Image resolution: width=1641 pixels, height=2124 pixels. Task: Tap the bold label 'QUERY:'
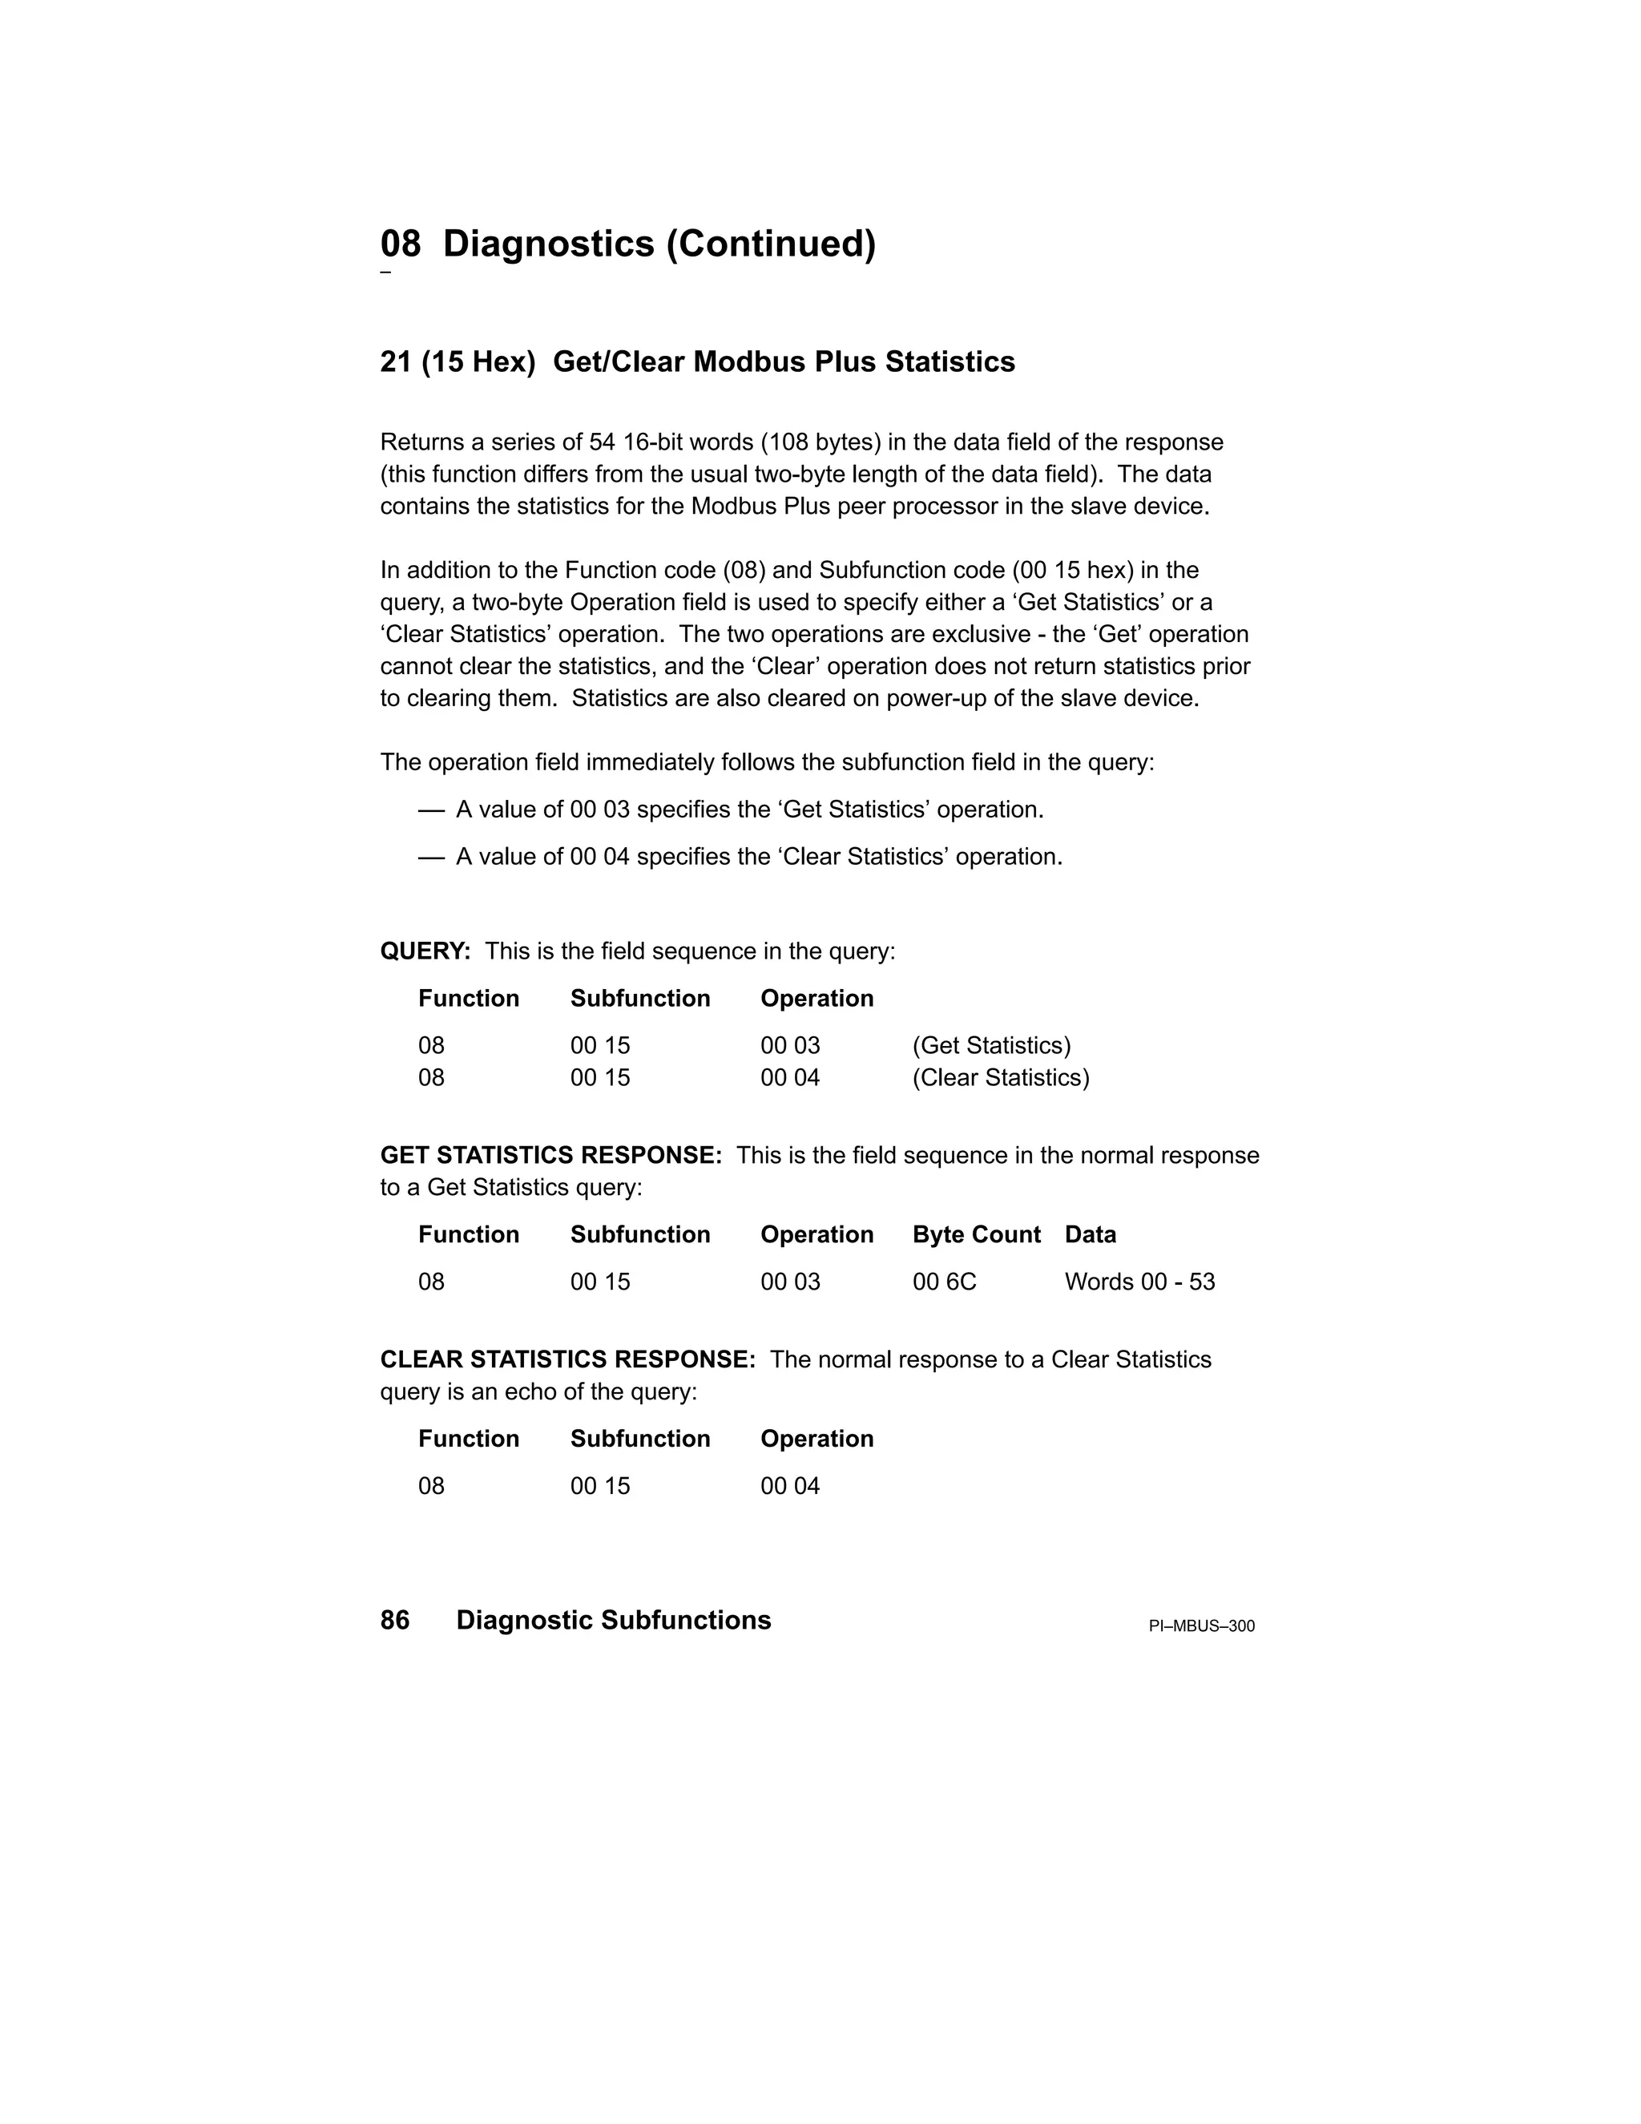425,951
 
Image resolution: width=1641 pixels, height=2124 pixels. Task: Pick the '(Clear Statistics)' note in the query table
1000,1077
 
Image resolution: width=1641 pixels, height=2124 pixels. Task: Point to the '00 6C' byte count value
944,1282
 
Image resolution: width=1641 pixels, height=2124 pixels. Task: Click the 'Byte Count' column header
976,1234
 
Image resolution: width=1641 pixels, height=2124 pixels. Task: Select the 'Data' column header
1090,1234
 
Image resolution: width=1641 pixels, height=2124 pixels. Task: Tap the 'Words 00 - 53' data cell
1139,1282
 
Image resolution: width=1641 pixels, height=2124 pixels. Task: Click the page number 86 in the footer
395,1620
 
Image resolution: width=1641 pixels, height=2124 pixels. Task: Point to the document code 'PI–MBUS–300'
1202,1626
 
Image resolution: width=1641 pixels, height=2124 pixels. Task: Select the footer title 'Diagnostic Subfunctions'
614,1620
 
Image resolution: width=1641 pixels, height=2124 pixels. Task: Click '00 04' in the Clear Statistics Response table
789,1486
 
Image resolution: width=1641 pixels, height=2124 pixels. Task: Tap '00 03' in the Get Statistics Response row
789,1282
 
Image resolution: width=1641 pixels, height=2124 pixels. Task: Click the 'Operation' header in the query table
816,999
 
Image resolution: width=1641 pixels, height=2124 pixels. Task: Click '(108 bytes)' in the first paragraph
820,442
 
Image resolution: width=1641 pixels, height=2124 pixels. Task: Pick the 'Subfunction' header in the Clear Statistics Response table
639,1439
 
